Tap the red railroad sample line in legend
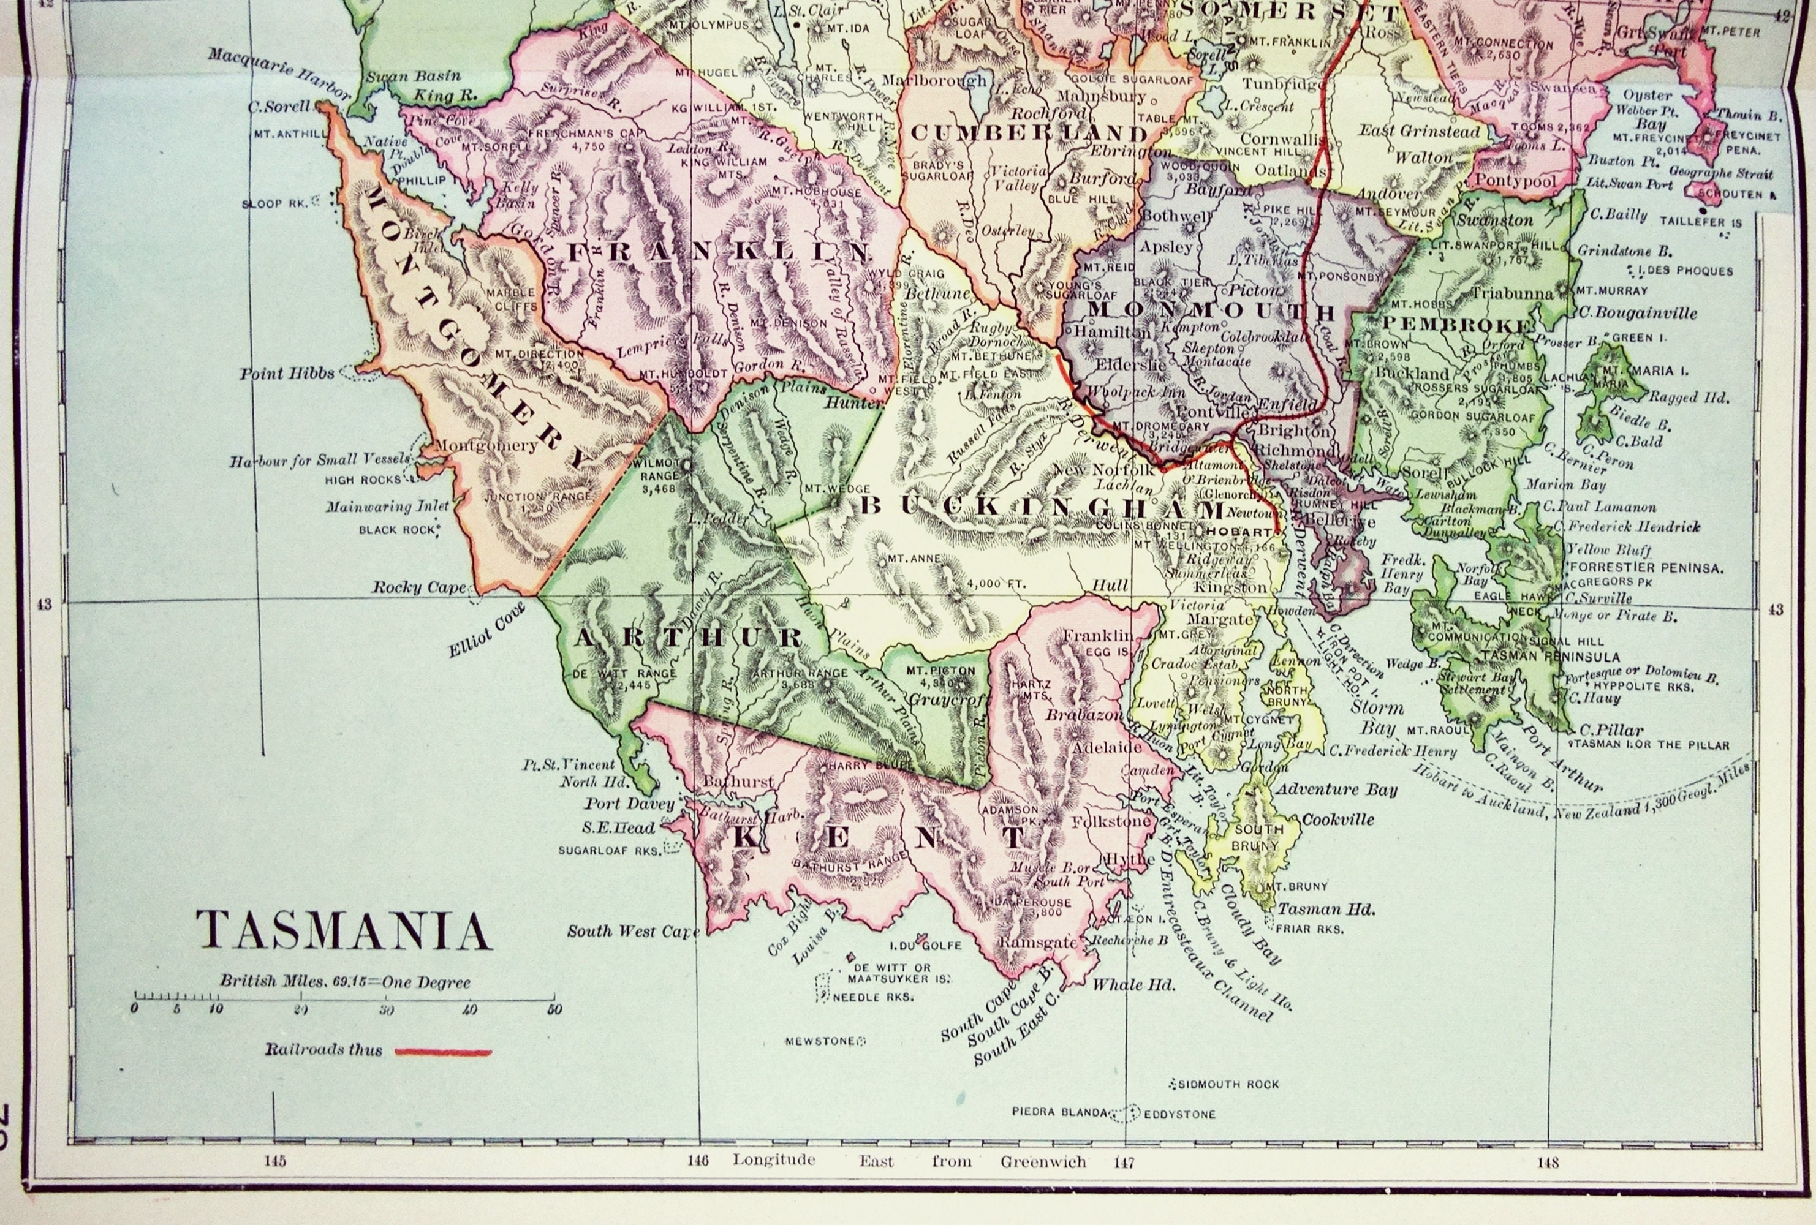click(443, 1052)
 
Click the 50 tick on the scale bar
click(553, 1009)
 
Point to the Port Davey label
click(629, 804)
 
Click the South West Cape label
click(633, 931)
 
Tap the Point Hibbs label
click(287, 374)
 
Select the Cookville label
click(1337, 820)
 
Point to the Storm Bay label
click(1377, 717)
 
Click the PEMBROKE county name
click(1458, 324)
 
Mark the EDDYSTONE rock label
click(1180, 1115)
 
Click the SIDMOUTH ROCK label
click(1228, 1084)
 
